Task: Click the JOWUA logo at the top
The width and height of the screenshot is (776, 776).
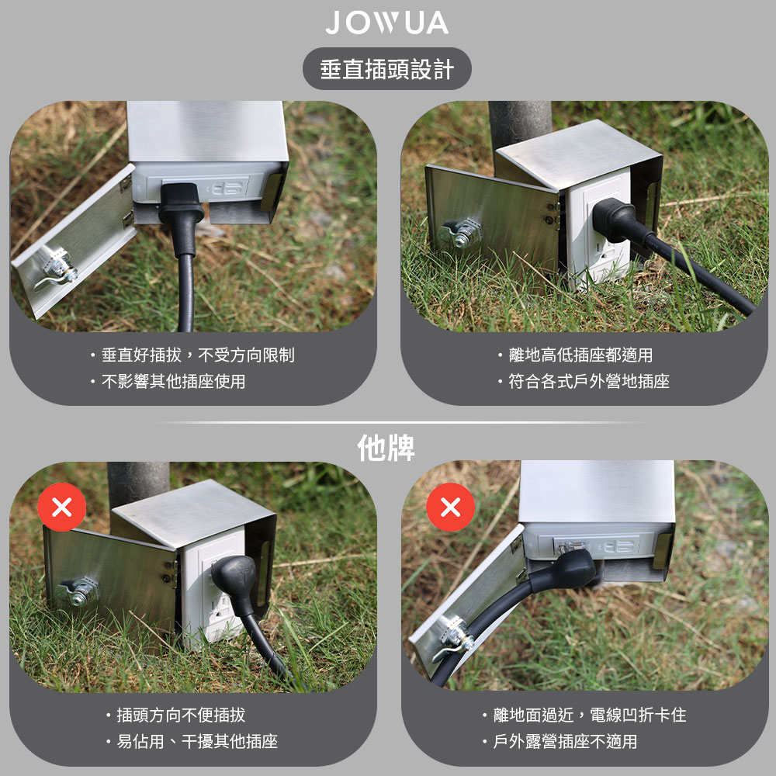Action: [386, 23]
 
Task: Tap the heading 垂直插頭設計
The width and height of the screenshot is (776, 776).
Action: [386, 70]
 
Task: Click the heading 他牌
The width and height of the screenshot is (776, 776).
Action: [386, 448]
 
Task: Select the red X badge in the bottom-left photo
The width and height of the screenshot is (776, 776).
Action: [61, 508]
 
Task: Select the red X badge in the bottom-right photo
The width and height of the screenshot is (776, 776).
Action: [450, 508]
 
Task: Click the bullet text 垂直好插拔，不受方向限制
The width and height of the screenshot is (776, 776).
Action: [198, 355]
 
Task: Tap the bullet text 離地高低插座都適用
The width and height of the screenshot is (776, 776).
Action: [580, 355]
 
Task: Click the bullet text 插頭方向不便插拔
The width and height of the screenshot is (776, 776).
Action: [181, 715]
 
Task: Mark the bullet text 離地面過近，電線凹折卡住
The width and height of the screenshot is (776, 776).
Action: [589, 715]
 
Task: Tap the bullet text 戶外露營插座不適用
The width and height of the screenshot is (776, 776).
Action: [565, 742]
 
